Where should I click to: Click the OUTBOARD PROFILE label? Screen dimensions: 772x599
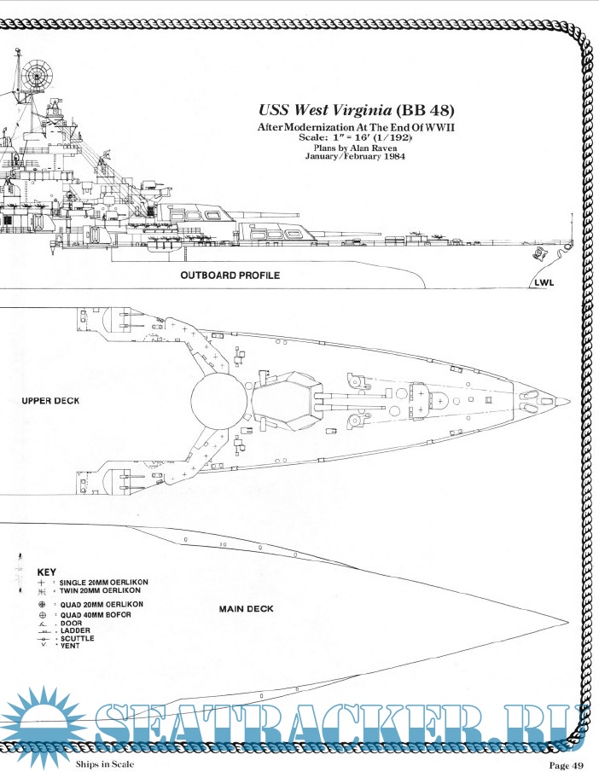click(x=230, y=276)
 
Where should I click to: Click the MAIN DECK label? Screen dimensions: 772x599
click(x=246, y=609)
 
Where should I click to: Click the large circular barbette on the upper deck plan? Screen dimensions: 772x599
click(x=218, y=401)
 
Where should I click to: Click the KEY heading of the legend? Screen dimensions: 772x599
click(x=48, y=571)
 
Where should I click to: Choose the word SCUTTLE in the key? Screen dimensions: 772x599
click(x=77, y=638)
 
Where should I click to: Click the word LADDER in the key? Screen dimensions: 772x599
click(x=75, y=630)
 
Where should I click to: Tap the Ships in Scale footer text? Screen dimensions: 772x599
click(x=105, y=763)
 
